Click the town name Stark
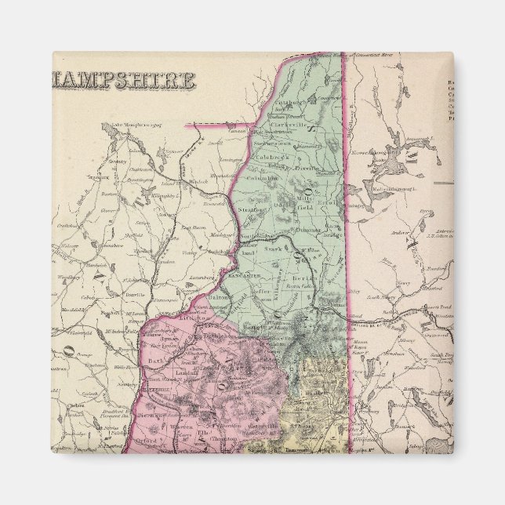[273, 249]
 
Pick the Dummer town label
[308, 230]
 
